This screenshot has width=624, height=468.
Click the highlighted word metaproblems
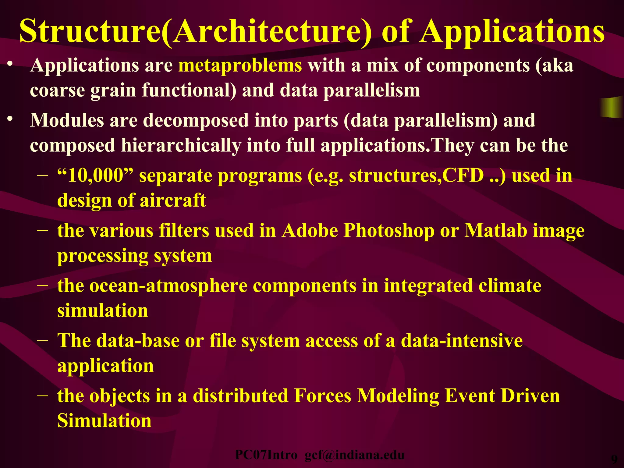pos(240,66)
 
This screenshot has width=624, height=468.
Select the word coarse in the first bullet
pos(57,91)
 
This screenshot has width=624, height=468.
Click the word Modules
pos(67,120)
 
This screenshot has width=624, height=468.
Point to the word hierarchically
pos(181,146)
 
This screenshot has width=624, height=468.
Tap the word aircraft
pos(173,201)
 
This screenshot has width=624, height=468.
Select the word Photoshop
pos(389,231)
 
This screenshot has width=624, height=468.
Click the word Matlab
pos(496,231)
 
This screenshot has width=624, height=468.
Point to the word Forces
pos(323,396)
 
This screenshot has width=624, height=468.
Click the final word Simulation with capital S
pos(104,421)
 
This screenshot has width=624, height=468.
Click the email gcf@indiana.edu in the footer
pos(354,455)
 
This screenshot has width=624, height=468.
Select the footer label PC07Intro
pos(266,455)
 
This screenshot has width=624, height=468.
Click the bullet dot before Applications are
pos(10,64)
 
